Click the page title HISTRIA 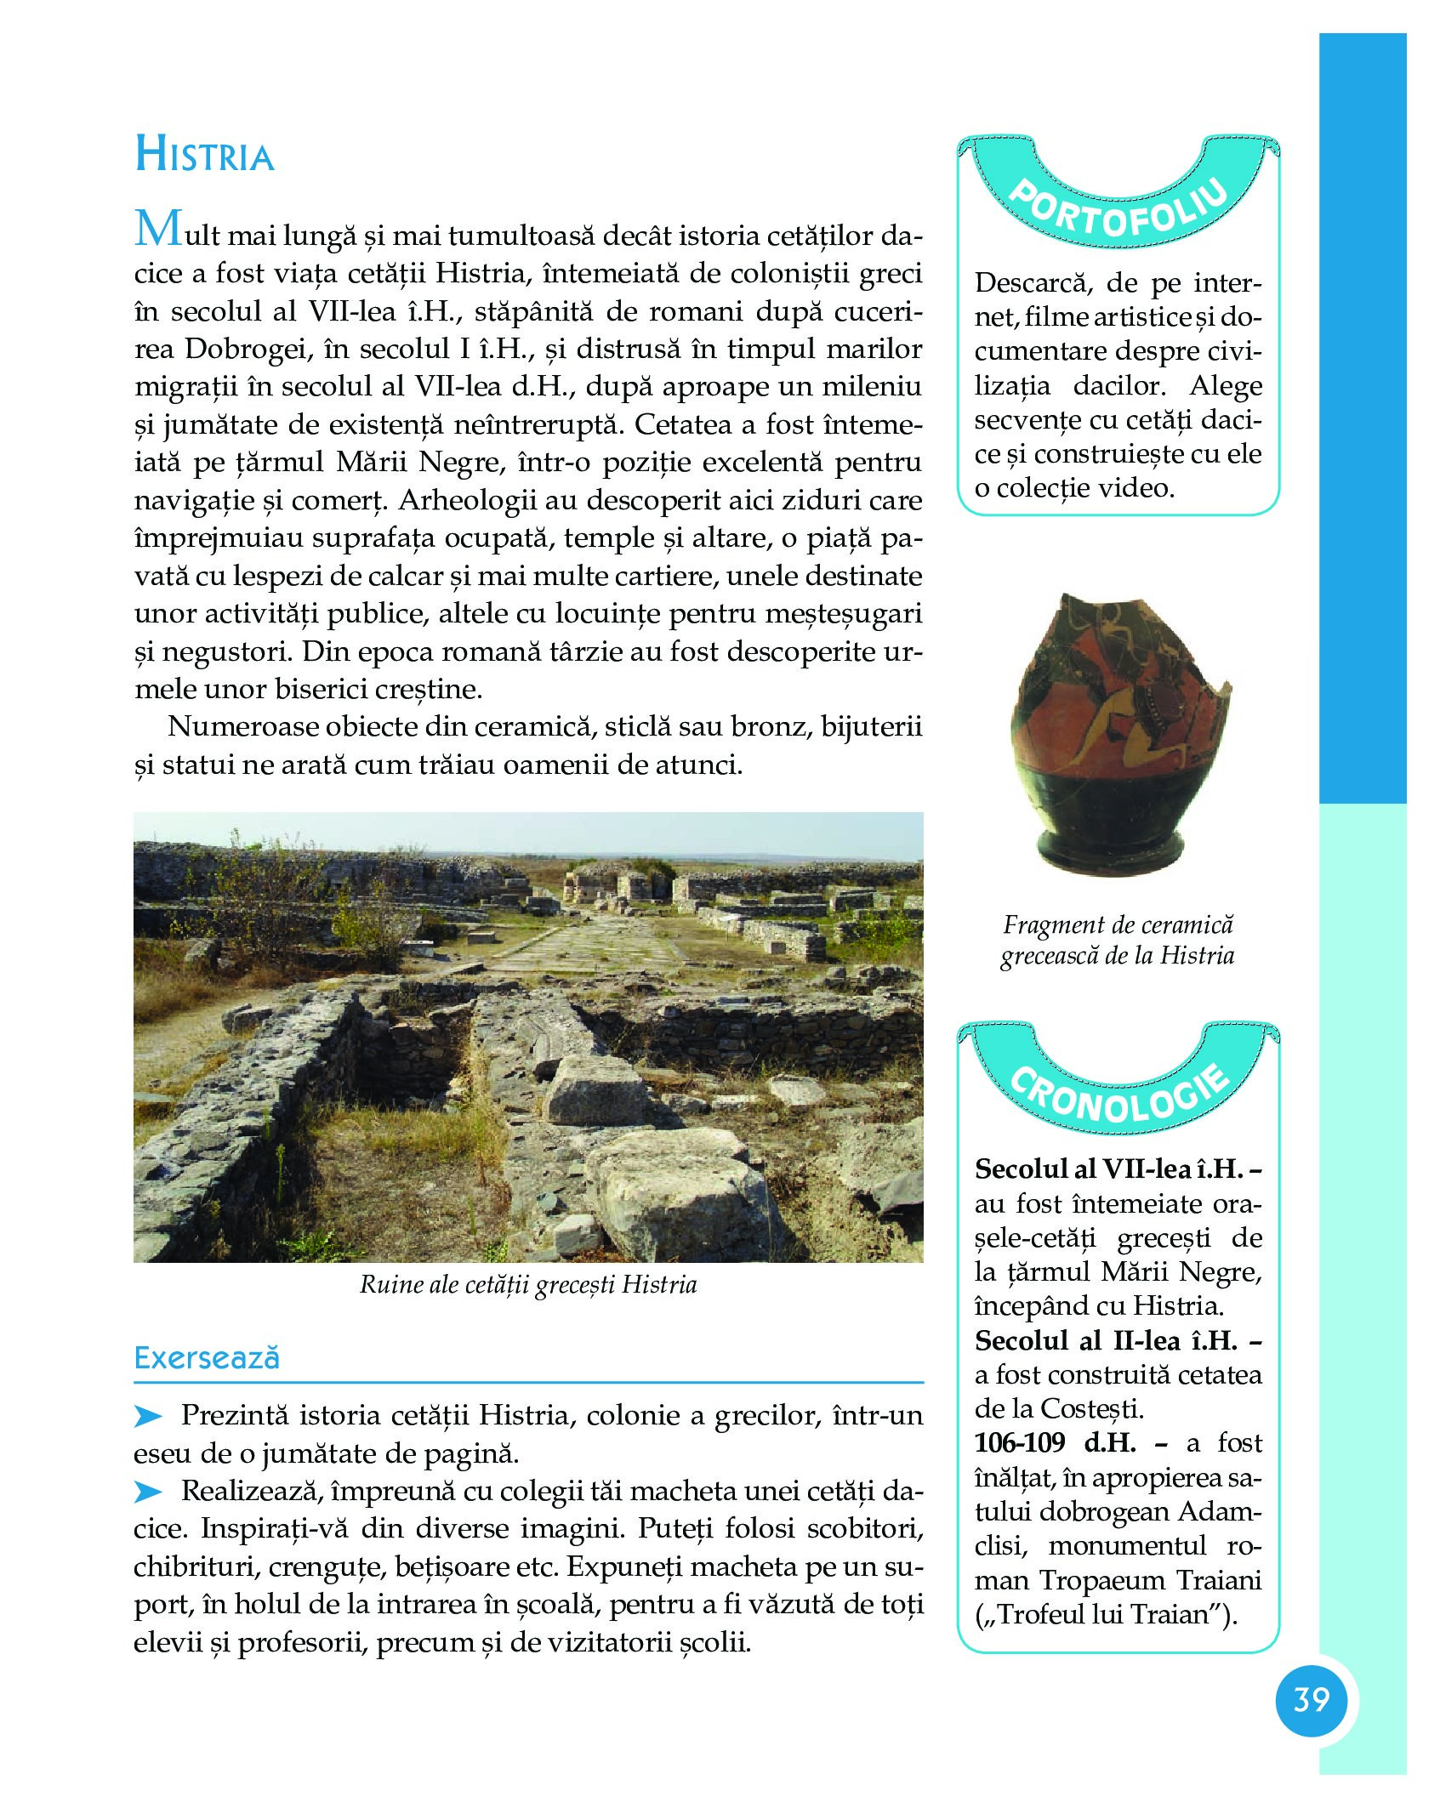pos(205,156)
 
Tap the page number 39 pos(1311,1699)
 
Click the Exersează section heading pos(207,1357)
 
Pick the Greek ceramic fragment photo pos(1116,731)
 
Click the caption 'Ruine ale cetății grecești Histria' pos(528,1284)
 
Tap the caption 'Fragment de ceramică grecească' pos(1118,940)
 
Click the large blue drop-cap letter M pos(158,229)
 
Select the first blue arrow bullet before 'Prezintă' pos(148,1417)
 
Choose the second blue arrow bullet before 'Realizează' pos(148,1492)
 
